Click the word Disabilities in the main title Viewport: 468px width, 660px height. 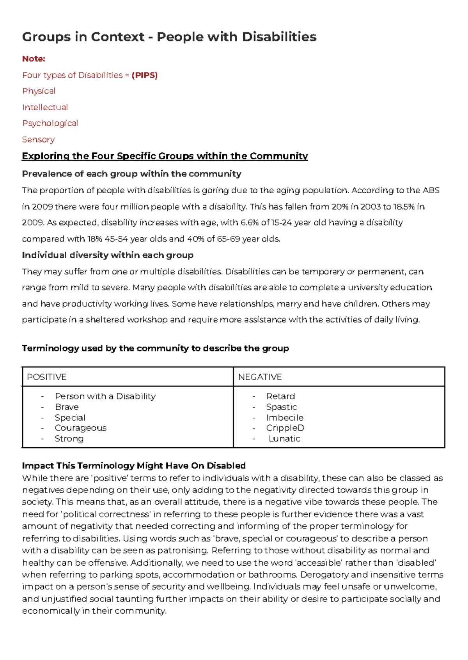coord(279,37)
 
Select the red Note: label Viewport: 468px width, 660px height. coord(34,59)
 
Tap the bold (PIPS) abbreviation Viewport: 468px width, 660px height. coord(145,75)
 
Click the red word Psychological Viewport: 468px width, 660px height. coord(50,124)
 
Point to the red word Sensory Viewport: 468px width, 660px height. coord(38,139)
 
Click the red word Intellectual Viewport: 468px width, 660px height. coord(45,107)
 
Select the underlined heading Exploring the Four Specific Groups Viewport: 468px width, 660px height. coord(165,156)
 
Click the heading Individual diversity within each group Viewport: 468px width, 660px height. coord(108,255)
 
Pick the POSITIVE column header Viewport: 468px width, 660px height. coord(46,377)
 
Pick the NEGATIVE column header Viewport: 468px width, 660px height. coord(260,377)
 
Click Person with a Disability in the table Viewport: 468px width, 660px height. coord(105,396)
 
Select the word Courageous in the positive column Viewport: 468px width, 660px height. coord(80,428)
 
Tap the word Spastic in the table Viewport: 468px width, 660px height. coord(281,407)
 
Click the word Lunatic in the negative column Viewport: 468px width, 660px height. coord(284,439)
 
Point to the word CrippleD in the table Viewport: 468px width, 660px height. coord(285,428)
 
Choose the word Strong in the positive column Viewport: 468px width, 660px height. coord(69,439)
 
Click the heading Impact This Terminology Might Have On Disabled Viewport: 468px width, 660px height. coord(134,466)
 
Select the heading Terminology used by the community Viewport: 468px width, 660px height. coord(155,348)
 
